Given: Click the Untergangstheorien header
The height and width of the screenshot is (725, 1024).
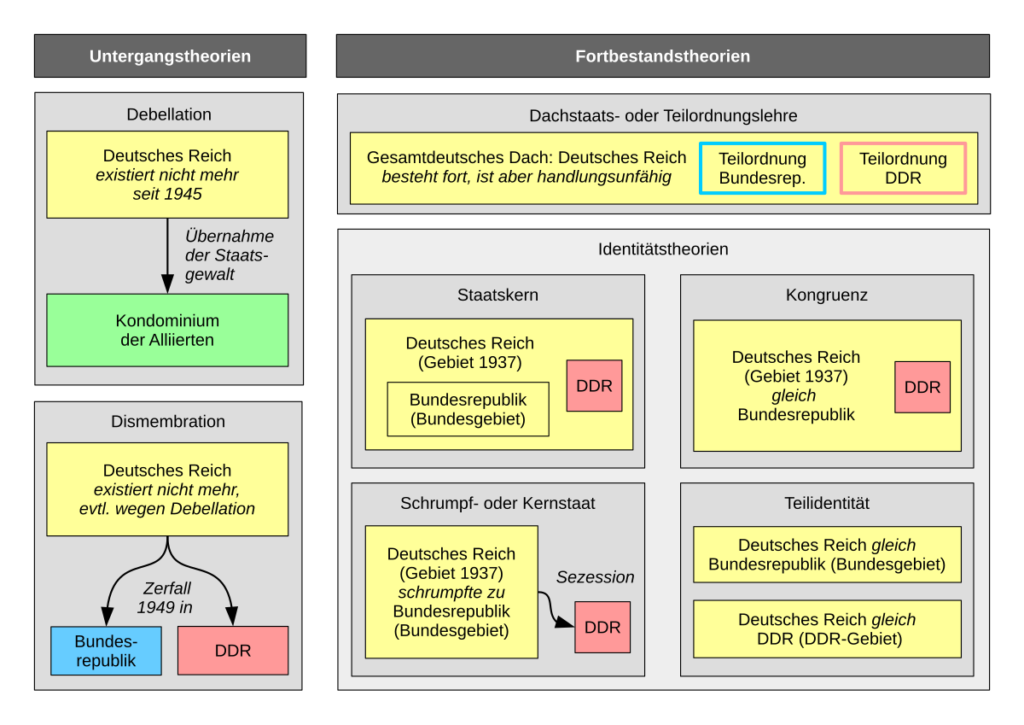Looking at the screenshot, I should pyautogui.click(x=170, y=56).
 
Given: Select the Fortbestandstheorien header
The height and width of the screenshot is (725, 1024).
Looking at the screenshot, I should pyautogui.click(x=662, y=56).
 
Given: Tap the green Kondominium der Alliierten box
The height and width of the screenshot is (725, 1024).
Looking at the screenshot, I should pyautogui.click(x=167, y=330).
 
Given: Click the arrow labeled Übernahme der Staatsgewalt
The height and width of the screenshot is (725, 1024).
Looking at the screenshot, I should pyautogui.click(x=167, y=255).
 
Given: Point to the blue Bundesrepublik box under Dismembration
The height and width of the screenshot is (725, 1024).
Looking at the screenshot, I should pyautogui.click(x=106, y=651).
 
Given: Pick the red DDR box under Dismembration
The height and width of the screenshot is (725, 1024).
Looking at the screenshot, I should pyautogui.click(x=233, y=651).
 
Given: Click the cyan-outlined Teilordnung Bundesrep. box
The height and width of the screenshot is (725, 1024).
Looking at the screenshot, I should pyautogui.click(x=762, y=168).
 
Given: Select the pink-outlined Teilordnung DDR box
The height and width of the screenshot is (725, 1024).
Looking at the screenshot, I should pyautogui.click(x=903, y=168).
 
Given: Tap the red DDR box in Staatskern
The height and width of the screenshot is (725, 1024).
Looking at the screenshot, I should pyautogui.click(x=594, y=386).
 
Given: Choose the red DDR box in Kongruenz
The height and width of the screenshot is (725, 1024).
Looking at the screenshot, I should pyautogui.click(x=922, y=387).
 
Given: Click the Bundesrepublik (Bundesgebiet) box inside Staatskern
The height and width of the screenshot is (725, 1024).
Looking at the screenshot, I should pyautogui.click(x=468, y=409).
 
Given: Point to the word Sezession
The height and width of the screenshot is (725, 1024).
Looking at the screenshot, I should pyautogui.click(x=596, y=577).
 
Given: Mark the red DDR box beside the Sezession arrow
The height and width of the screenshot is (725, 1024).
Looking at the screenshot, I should pyautogui.click(x=602, y=628).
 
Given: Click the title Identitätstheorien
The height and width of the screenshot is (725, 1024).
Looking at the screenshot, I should pyautogui.click(x=663, y=249).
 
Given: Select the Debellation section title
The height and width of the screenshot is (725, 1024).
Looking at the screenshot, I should pyautogui.click(x=169, y=114).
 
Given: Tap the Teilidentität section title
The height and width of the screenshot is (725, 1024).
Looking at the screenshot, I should pyautogui.click(x=826, y=503).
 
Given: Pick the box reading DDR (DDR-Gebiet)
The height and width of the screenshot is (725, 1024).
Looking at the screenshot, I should pyautogui.click(x=827, y=629).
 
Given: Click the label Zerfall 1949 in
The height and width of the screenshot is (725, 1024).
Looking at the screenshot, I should pyautogui.click(x=166, y=598).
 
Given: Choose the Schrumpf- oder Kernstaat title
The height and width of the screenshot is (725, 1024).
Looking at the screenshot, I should pyautogui.click(x=497, y=503).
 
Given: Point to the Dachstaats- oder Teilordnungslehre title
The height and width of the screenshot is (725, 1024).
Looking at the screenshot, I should pyautogui.click(x=663, y=115).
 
